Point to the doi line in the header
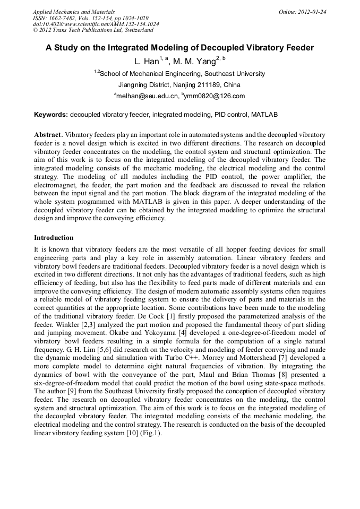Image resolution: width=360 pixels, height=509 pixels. [x=96, y=24]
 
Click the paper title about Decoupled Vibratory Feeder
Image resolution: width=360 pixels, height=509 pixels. [x=179, y=48]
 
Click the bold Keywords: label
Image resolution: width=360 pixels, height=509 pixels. [x=51, y=114]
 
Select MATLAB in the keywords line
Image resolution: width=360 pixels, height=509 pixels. [x=264, y=114]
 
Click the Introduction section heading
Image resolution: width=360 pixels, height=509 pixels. [x=54, y=237]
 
